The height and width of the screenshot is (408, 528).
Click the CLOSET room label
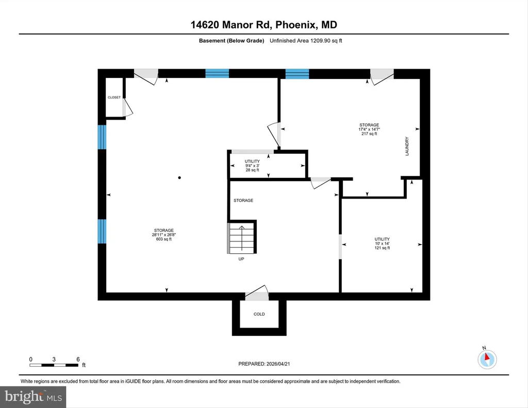(x=114, y=97)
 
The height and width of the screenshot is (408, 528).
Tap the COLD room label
(x=259, y=314)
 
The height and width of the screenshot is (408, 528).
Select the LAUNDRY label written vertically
(x=407, y=146)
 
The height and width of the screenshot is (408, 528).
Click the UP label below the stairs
(x=241, y=259)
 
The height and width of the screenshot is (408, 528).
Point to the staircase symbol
(x=241, y=237)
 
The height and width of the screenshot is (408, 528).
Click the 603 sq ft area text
(x=164, y=239)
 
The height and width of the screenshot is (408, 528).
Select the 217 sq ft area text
(x=369, y=134)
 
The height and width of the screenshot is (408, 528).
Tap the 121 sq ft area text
(x=382, y=248)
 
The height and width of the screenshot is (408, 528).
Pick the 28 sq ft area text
(x=252, y=170)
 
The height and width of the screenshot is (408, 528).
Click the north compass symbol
(x=487, y=359)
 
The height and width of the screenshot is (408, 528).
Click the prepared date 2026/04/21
(x=278, y=364)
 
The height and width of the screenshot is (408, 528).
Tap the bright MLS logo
(x=33, y=397)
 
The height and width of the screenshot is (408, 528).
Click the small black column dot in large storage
(x=179, y=177)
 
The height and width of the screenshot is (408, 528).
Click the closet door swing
(x=128, y=107)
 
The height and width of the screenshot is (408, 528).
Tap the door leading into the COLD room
(x=257, y=293)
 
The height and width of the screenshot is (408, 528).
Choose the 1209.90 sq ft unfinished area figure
(x=326, y=41)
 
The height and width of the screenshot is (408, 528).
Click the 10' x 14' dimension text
(x=382, y=243)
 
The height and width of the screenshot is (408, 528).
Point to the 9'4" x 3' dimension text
(x=252, y=166)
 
